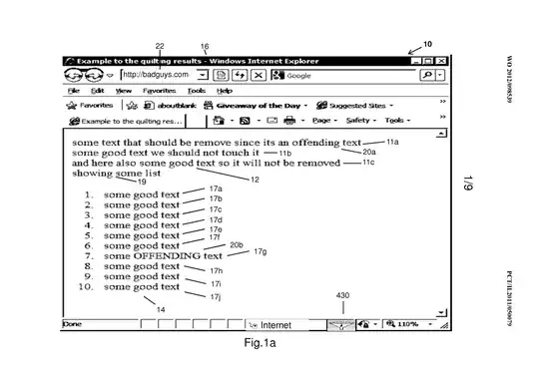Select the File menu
tap(74, 90)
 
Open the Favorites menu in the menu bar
tap(158, 90)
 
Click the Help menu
tap(225, 90)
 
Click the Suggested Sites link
tap(360, 104)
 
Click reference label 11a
tap(392, 144)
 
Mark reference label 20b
tap(237, 244)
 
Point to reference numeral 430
tap(342, 296)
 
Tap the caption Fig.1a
tap(260, 344)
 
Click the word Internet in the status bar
tap(275, 324)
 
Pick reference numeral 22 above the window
tap(160, 47)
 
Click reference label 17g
tap(261, 252)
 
